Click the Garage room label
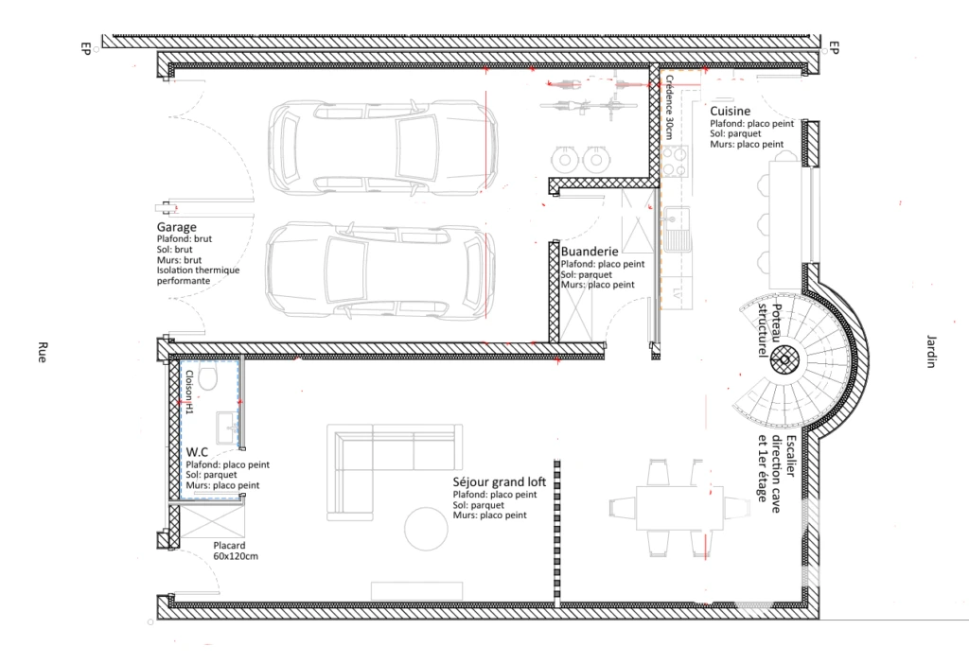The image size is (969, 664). pyautogui.click(x=176, y=227)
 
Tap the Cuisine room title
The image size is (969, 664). pyautogui.click(x=730, y=112)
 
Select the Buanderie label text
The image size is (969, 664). pyautogui.click(x=590, y=252)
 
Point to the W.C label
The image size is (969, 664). pyautogui.click(x=197, y=452)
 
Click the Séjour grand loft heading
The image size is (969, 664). pyautogui.click(x=500, y=481)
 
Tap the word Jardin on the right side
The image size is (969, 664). pyautogui.click(x=931, y=352)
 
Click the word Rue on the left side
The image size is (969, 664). pyautogui.click(x=42, y=352)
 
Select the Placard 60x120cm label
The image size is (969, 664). pyautogui.click(x=236, y=550)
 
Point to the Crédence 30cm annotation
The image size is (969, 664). pyautogui.click(x=669, y=107)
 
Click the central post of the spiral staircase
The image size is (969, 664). pyautogui.click(x=784, y=359)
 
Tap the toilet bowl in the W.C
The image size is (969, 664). pyautogui.click(x=207, y=376)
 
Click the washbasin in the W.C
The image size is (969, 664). pyautogui.click(x=227, y=426)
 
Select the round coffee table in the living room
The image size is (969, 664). pyautogui.click(x=426, y=529)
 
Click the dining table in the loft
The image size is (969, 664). pyautogui.click(x=679, y=508)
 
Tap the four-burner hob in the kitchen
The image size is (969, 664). pyautogui.click(x=674, y=161)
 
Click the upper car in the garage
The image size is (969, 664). pyautogui.click(x=383, y=149)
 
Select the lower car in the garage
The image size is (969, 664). pyautogui.click(x=380, y=271)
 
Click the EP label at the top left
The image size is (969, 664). pyautogui.click(x=86, y=48)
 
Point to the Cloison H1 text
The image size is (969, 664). pyautogui.click(x=189, y=393)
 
